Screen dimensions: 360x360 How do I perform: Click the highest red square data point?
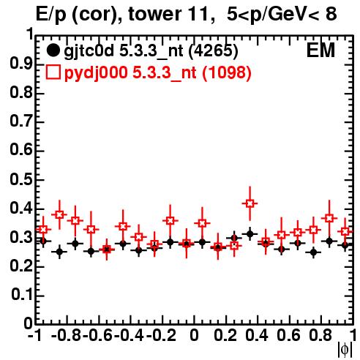pos(250,203)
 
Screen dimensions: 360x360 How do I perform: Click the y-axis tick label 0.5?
pos(21,180)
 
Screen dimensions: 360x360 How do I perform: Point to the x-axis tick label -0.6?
pos(97,336)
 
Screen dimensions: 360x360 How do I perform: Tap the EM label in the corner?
pos(320,50)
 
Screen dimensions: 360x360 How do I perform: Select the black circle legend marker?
pos(53,50)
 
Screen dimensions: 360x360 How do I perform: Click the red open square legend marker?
pos(53,72)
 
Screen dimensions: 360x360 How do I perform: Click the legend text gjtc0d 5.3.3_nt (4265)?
pos(151,51)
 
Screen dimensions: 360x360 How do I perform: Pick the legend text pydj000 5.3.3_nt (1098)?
pos(158,73)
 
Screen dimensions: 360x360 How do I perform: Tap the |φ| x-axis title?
pos(345,350)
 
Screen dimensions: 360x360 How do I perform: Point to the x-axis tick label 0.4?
pos(257,336)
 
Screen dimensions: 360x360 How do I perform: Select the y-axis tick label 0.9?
pos(21,64)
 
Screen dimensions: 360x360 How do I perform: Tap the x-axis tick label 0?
pos(194,336)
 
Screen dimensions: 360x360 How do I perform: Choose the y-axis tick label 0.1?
pos(22,295)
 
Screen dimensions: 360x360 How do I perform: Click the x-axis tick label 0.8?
pos(320,336)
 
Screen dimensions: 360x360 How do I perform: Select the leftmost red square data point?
pos(43,230)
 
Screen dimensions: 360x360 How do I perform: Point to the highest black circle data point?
pos(250,234)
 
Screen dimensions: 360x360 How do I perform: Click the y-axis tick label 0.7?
pos(21,122)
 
